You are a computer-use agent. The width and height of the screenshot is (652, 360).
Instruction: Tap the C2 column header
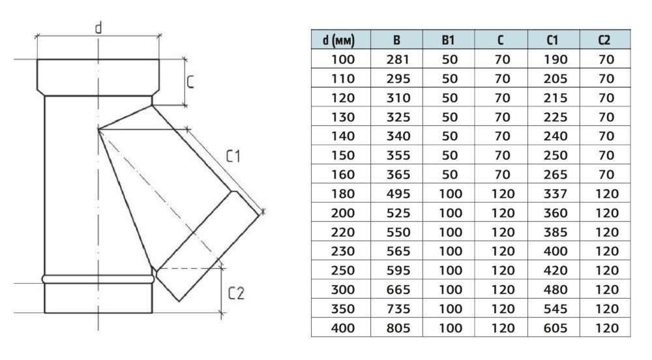(604, 40)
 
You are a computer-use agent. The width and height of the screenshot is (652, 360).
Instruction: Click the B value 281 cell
(396, 59)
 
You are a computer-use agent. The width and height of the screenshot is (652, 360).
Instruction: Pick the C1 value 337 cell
(552, 194)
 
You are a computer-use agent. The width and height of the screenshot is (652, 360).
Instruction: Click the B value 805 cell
(396, 328)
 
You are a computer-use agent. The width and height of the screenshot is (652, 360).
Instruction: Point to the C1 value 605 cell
(552, 328)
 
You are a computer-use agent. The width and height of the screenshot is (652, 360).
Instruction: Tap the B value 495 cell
(396, 194)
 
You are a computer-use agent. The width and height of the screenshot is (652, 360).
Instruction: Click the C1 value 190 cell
(552, 59)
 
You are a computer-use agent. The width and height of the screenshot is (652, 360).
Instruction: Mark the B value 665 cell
(396, 290)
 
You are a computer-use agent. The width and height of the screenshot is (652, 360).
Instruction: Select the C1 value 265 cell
(552, 175)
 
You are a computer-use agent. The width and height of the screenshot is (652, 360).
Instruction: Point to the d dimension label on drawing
(98, 27)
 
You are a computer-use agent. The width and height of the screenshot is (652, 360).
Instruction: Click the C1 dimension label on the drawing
(233, 157)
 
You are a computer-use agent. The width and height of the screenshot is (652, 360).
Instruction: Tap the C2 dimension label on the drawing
(235, 294)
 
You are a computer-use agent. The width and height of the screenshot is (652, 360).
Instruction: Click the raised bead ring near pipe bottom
(98, 278)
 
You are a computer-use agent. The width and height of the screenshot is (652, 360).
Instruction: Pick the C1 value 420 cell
(552, 271)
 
